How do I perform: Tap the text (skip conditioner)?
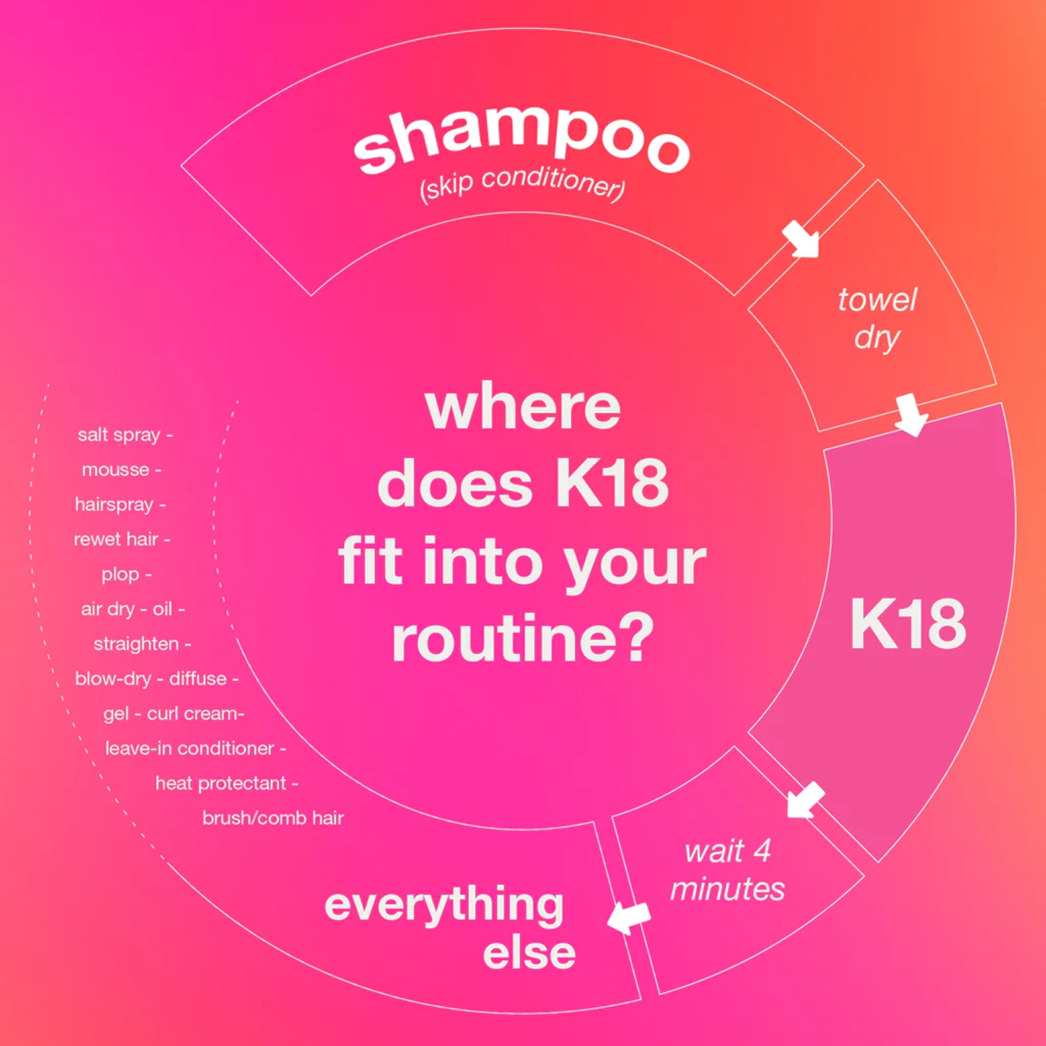click(x=522, y=185)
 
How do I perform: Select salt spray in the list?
click(x=119, y=435)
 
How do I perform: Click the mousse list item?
click(x=116, y=469)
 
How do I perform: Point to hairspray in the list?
click(x=114, y=505)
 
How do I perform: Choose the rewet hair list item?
click(x=116, y=539)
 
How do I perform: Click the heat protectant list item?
click(x=221, y=783)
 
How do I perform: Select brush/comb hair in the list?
click(x=273, y=818)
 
